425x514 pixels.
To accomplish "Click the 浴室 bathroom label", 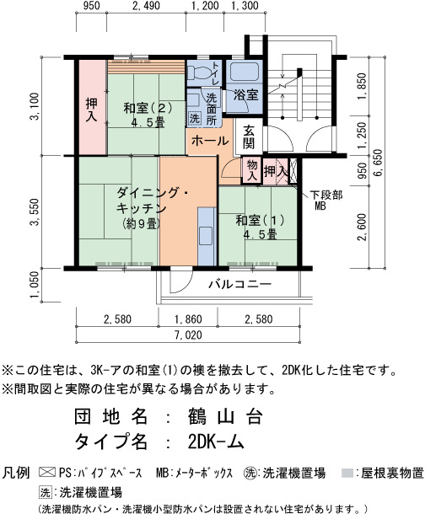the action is pos(246,95).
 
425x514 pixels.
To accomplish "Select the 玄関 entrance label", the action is pos(248,137).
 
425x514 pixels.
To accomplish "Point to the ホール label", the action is pos(210,141).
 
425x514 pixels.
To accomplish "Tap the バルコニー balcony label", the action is pos(240,284).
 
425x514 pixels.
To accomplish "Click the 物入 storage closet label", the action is pos(252,170).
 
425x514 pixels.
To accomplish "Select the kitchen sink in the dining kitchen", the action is pos(207,236).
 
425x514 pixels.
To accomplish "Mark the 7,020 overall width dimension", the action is pos(188,335).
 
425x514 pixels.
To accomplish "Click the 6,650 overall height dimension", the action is pos(378,163).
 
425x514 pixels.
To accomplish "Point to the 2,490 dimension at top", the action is pos(146,6).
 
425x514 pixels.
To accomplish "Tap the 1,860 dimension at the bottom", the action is pos(188,319).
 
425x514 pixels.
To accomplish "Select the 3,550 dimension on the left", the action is pos(35,212).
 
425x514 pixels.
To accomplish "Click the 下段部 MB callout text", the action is pos(326,201).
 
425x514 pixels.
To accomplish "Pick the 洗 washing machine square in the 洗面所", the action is pos(195,118).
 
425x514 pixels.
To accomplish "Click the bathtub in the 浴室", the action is pos(245,72).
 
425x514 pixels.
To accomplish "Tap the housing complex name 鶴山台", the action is pos(226,416).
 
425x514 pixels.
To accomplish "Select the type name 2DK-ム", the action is pos(217,442).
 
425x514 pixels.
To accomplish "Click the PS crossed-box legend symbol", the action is pos(47,473).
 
